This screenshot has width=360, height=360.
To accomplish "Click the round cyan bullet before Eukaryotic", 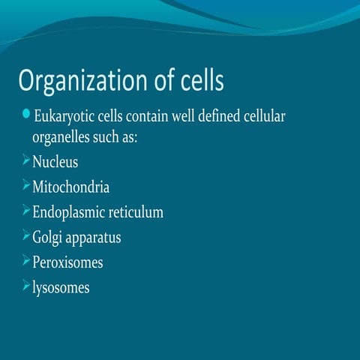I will (26, 114).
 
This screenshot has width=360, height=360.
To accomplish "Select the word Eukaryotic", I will (66, 118).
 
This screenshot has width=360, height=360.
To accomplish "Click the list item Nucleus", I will (55, 162).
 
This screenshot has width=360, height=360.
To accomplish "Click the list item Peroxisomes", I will (67, 262).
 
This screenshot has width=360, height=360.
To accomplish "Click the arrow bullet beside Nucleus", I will (25, 160).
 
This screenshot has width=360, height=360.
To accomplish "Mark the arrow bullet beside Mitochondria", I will (25, 185).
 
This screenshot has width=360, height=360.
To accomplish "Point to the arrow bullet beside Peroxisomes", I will (25, 261).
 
